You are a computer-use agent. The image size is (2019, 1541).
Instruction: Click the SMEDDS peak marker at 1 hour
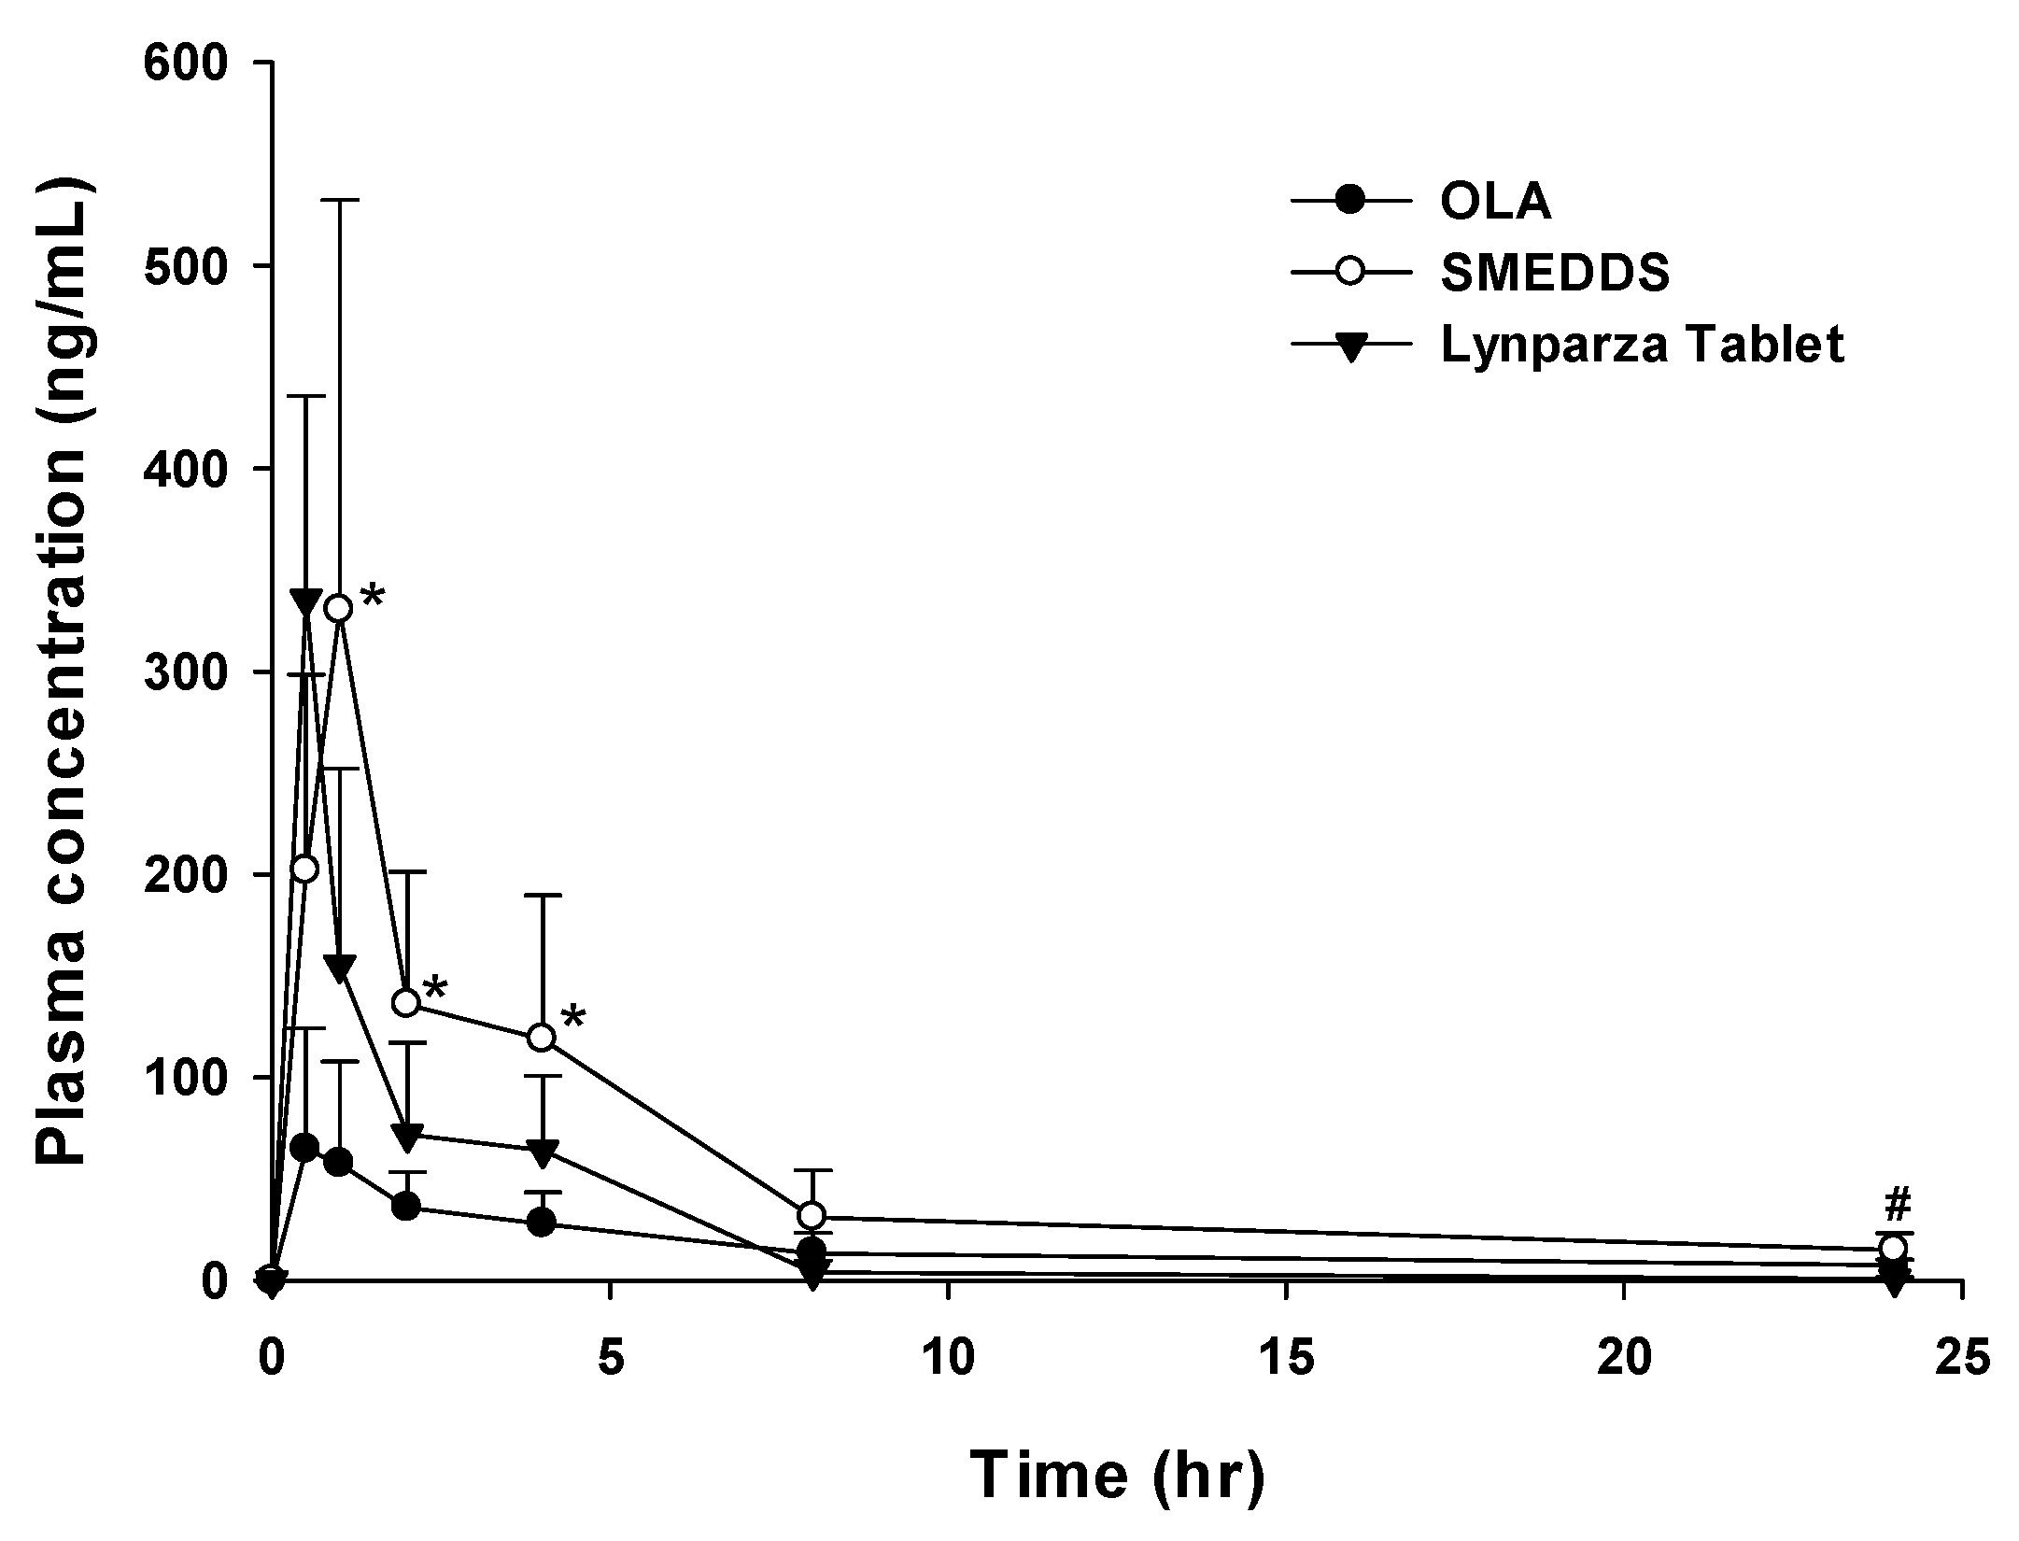tap(339, 608)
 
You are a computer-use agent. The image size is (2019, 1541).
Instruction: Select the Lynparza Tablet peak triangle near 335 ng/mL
tap(305, 602)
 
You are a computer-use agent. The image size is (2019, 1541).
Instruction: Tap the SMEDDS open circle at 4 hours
tap(542, 1038)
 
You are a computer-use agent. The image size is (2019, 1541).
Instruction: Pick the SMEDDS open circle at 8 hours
tap(812, 1215)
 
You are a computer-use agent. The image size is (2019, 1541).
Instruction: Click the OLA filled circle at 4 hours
tap(542, 1223)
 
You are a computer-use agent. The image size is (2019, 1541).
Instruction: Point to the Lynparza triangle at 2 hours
tap(407, 1137)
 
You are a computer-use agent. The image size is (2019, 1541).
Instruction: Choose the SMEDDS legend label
tap(1555, 274)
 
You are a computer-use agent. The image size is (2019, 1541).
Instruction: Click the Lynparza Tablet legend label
tap(1642, 345)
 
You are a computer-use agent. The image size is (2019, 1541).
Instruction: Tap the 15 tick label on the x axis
tap(1286, 1360)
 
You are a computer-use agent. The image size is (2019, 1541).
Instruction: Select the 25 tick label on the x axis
tap(1961, 1360)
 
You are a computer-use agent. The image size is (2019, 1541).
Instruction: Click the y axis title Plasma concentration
tap(63, 670)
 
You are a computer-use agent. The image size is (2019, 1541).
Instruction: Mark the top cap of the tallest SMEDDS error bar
tap(340, 200)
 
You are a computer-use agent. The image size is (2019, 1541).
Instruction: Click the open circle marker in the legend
tap(1350, 274)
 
